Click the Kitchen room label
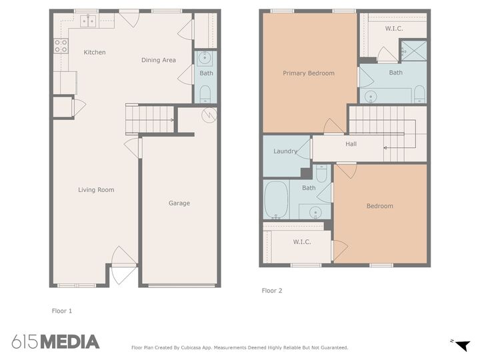[x=95, y=53]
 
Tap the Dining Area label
[x=159, y=60]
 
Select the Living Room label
[x=96, y=190]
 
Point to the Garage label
[x=179, y=203]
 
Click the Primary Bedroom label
[x=309, y=73]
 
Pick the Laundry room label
[x=285, y=151]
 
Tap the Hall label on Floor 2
[x=351, y=144]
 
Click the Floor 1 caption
[x=62, y=311]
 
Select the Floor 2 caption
[x=272, y=291]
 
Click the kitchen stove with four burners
[x=61, y=46]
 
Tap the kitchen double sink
[x=88, y=21]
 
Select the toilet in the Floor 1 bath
[x=205, y=91]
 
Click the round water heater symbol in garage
[x=209, y=115]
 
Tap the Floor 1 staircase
[x=151, y=119]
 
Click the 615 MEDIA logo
[x=55, y=342]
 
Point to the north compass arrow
[x=462, y=344]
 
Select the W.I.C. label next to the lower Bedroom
[x=302, y=242]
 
